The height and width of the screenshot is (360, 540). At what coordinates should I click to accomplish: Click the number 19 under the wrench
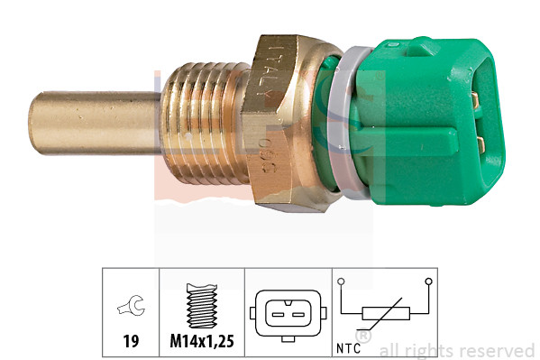coord(131,343)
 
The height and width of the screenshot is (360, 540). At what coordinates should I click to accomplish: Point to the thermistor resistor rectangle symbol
coord(386,313)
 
